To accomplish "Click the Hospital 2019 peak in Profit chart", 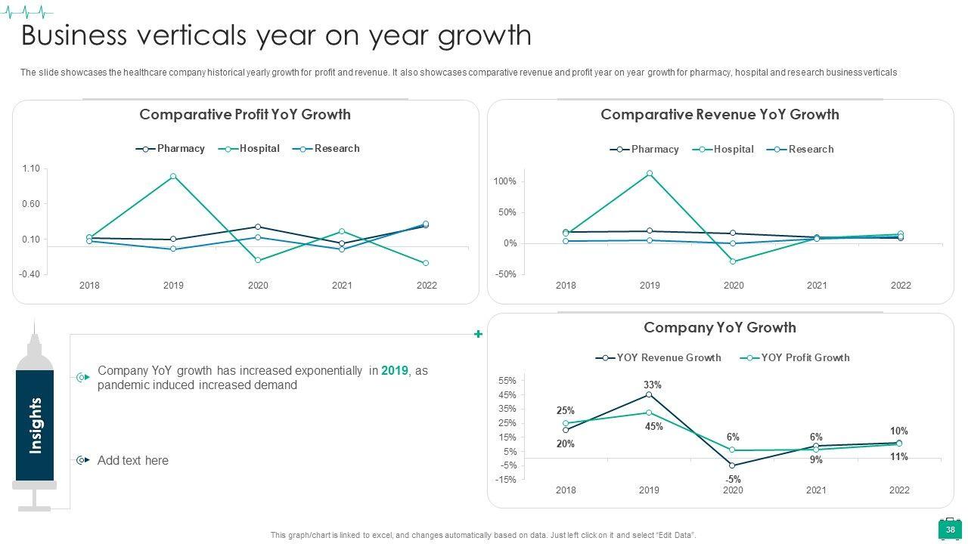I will [x=173, y=176].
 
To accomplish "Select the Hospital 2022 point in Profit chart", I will [x=426, y=263].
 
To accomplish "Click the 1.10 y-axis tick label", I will [x=31, y=168].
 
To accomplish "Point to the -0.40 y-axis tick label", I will [x=30, y=274].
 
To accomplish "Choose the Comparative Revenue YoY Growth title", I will [x=719, y=115].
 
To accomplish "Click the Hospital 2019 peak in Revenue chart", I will [x=650, y=173].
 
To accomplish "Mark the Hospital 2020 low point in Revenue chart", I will [x=733, y=261].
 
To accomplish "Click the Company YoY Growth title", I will [x=719, y=328].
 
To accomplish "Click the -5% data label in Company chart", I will [x=733, y=480].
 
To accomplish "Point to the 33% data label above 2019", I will [x=653, y=385].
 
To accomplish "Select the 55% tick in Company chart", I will [x=507, y=381].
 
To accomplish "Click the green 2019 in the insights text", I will [x=394, y=371].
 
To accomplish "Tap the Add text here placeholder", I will [x=133, y=460].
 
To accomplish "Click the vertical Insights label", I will [x=36, y=425].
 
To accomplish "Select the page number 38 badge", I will [x=951, y=530].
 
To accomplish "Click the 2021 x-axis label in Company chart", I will [x=816, y=490].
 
